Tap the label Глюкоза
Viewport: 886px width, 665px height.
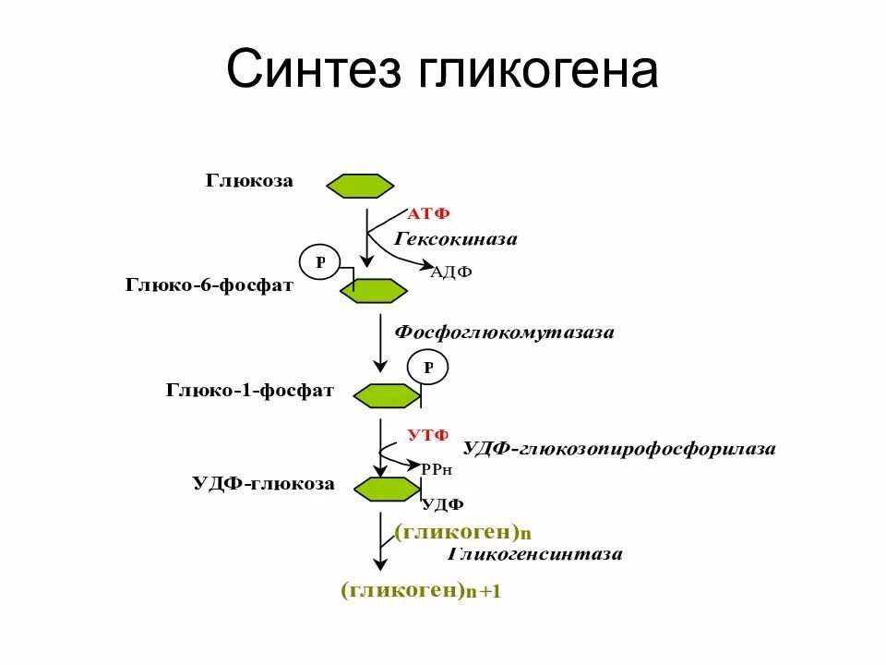tap(249, 181)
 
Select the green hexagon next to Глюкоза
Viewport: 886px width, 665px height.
tap(359, 186)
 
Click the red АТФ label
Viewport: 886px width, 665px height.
tap(428, 214)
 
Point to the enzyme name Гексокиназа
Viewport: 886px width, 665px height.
tap(456, 239)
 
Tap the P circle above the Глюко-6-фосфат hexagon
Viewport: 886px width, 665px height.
tap(320, 262)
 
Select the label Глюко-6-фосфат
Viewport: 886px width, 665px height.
tap(210, 285)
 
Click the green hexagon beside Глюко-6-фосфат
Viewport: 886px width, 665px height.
tap(373, 291)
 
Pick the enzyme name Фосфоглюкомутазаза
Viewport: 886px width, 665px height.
tap(504, 332)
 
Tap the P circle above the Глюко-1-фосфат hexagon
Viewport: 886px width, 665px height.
tap(428, 368)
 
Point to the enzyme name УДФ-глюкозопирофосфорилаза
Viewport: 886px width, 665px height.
tap(618, 449)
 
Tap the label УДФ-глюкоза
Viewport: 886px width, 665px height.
tap(263, 483)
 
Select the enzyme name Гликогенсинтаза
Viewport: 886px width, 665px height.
tap(535, 554)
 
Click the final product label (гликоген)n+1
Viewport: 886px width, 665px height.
tap(420, 590)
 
